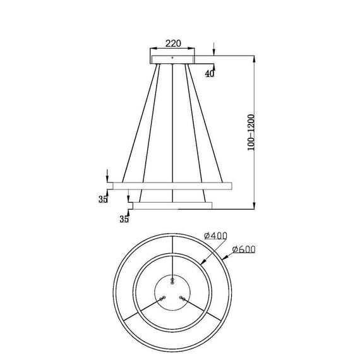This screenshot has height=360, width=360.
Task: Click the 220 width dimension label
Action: click(x=174, y=44)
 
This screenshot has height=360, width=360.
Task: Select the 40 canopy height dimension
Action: click(x=209, y=73)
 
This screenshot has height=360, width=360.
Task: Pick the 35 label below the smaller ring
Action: click(x=124, y=219)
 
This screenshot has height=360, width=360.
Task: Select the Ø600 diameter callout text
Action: click(x=243, y=249)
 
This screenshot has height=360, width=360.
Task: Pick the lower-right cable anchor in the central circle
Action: click(x=181, y=297)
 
